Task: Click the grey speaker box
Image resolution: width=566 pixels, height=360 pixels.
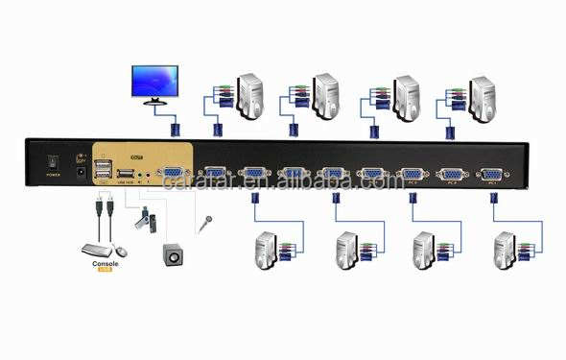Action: coord(174,256)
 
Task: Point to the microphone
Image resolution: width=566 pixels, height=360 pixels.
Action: coord(204,224)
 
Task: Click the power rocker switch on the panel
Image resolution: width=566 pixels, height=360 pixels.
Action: coord(52,160)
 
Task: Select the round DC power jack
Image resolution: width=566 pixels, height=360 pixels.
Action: coord(96,174)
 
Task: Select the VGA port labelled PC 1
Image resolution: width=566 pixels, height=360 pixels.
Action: coord(490,174)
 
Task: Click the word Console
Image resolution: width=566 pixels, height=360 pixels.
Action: coord(103,265)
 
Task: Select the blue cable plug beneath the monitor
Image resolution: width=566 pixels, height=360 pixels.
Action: coord(175,128)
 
